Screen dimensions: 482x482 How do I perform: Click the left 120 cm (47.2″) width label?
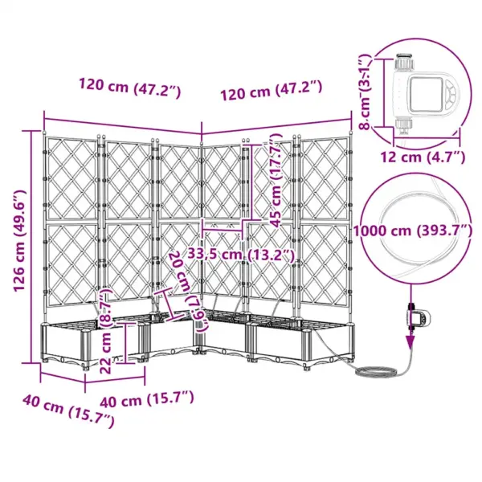coord(129,86)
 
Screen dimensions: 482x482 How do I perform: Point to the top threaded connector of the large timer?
coord(402,62)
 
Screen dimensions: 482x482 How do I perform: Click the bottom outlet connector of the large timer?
coord(402,125)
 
